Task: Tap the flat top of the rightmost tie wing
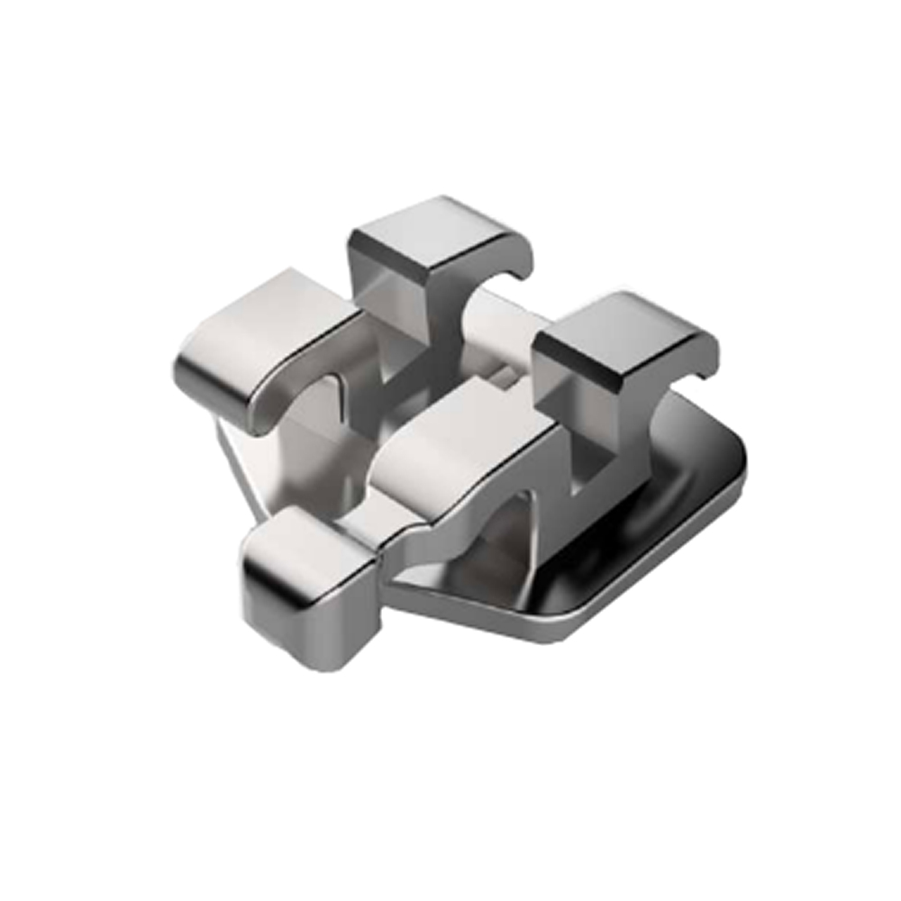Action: (622, 329)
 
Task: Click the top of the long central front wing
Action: (460, 432)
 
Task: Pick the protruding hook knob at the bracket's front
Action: (306, 577)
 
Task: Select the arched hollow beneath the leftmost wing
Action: (306, 423)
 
